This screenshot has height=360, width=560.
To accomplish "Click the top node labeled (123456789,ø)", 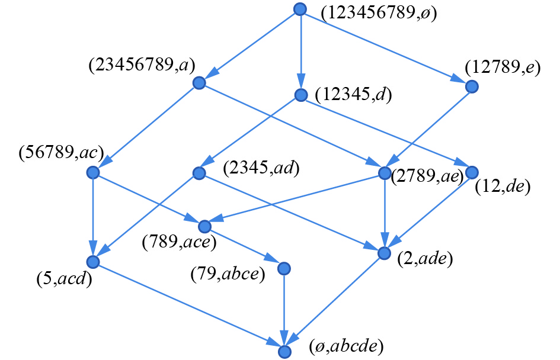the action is pyautogui.click(x=300, y=9).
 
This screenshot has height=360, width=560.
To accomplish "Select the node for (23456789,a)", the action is pyautogui.click(x=199, y=83).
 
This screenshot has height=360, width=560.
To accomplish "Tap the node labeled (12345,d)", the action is pyautogui.click(x=301, y=95).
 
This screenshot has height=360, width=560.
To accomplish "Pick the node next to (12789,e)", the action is pyautogui.click(x=472, y=86).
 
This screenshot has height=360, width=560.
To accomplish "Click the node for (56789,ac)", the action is pyautogui.click(x=92, y=173).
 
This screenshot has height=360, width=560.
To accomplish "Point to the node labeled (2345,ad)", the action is pyautogui.click(x=199, y=173).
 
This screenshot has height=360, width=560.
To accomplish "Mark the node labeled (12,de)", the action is pyautogui.click(x=472, y=172).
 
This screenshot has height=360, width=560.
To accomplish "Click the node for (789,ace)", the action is pyautogui.click(x=205, y=226).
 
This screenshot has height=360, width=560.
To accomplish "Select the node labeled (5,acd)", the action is pyautogui.click(x=92, y=262).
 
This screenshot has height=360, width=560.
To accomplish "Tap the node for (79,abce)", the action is pyautogui.click(x=284, y=268).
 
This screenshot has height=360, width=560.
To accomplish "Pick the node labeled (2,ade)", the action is pyautogui.click(x=385, y=253).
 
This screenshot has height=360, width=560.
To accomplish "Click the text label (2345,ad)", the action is pyautogui.click(x=261, y=169).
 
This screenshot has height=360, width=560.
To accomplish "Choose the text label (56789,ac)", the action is pyautogui.click(x=61, y=153).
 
